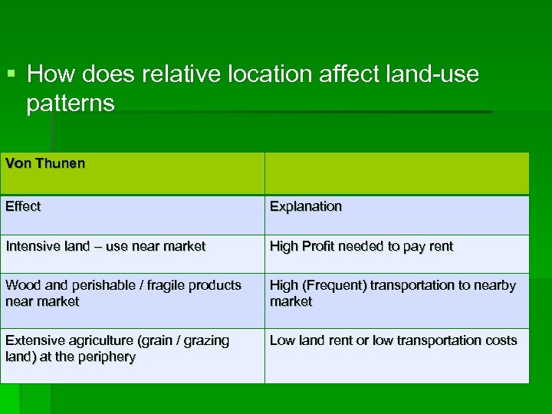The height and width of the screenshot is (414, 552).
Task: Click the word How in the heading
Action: click(48, 74)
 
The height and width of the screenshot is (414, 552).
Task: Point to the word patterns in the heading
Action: click(71, 103)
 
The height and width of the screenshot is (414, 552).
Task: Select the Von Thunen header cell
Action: click(132, 172)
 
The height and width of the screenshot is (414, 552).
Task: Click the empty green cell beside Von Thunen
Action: click(396, 172)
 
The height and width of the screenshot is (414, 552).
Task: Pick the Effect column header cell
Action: click(132, 215)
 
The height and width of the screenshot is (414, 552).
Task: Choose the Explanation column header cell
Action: click(396, 215)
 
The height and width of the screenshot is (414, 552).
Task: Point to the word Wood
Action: click(21, 285)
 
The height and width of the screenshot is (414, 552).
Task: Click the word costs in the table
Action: click(501, 340)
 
